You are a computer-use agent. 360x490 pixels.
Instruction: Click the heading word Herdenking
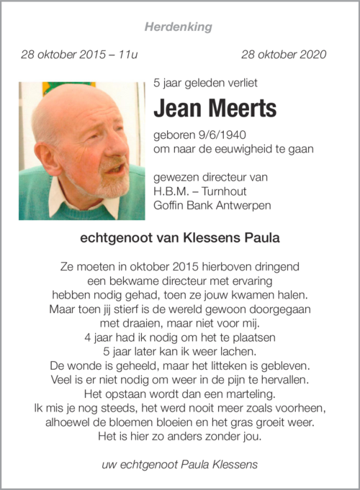179,27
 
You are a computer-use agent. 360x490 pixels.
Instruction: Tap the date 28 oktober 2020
284,55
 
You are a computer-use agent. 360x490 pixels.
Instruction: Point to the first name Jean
177,109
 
